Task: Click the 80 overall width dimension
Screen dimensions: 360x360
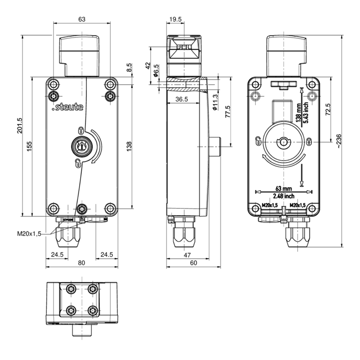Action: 81,263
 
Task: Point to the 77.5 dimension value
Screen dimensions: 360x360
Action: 228,112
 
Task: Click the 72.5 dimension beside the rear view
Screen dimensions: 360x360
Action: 328,109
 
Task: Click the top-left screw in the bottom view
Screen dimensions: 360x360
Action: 70,288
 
